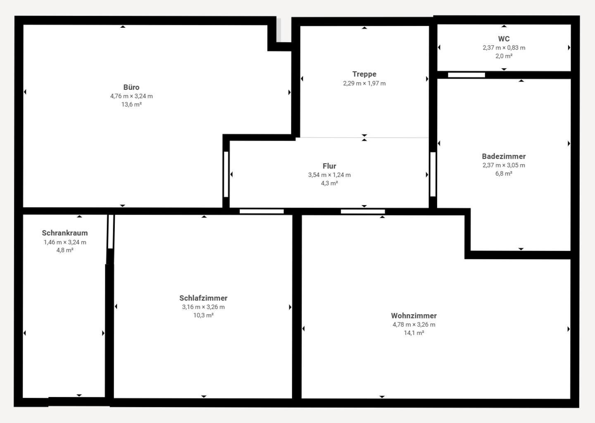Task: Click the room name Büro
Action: pyautogui.click(x=131, y=87)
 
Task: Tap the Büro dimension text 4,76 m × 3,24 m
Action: pyautogui.click(x=131, y=96)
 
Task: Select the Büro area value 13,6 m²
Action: pyautogui.click(x=131, y=104)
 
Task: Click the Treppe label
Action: pyautogui.click(x=364, y=74)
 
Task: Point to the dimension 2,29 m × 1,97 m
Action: pyautogui.click(x=364, y=83)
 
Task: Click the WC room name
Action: pyautogui.click(x=504, y=39)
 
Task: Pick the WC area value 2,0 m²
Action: pyautogui.click(x=504, y=56)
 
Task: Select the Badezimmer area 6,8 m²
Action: pyautogui.click(x=504, y=173)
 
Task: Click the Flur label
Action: pyautogui.click(x=329, y=166)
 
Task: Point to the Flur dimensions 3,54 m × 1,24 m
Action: pyautogui.click(x=329, y=175)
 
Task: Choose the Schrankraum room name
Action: pyautogui.click(x=65, y=233)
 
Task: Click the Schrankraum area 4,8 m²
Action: pyautogui.click(x=65, y=250)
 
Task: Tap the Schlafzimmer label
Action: pyautogui.click(x=203, y=298)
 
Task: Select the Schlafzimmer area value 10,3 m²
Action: pyautogui.click(x=203, y=315)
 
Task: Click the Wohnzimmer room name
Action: pyautogui.click(x=414, y=316)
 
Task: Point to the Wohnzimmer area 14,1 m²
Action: pyautogui.click(x=414, y=332)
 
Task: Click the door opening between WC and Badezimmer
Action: pyautogui.click(x=466, y=75)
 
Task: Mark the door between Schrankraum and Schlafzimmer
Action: pyautogui.click(x=111, y=232)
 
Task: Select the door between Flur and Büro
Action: pyautogui.click(x=226, y=174)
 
